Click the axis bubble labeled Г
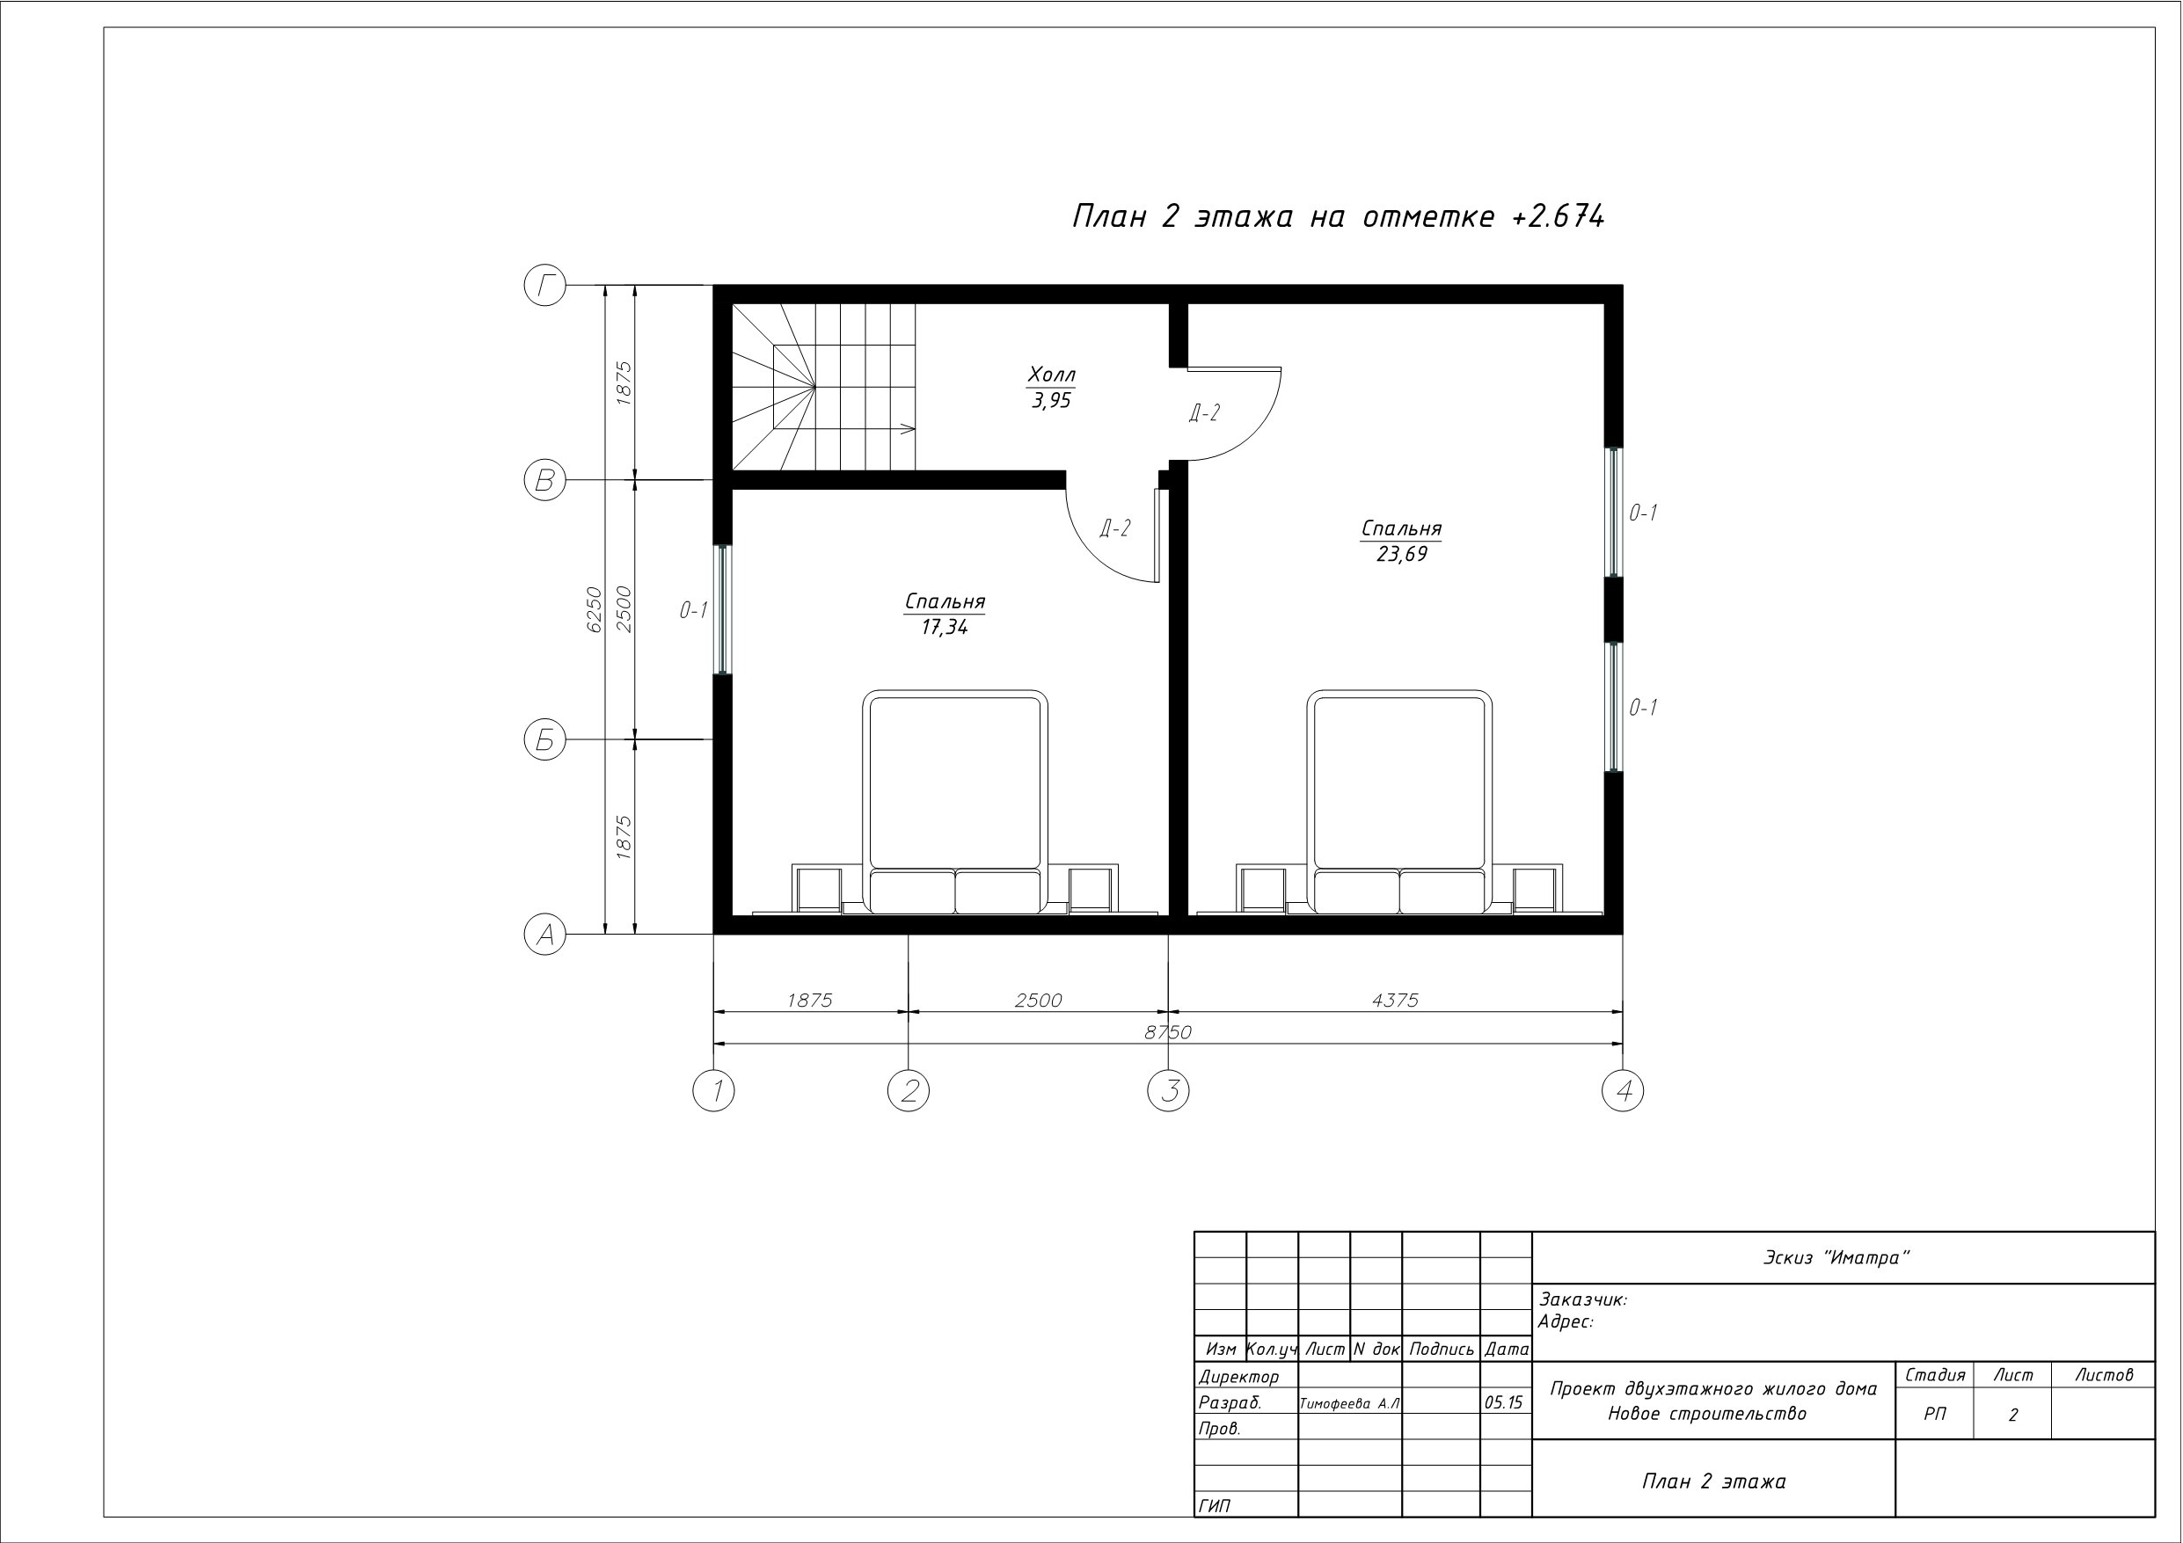pos(544,285)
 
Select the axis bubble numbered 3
pos(1169,1090)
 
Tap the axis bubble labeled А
pos(544,935)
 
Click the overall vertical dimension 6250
pos(594,609)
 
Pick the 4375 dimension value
pos(1395,1001)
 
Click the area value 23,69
pos(1401,554)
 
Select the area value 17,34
pos(944,628)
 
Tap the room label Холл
pos(1052,375)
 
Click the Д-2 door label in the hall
pos(1204,412)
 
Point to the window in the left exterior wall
pos(723,609)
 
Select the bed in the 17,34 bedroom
pos(955,803)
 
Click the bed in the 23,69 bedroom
pos(1399,803)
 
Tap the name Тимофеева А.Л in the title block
pos(1350,1403)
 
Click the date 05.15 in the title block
pos(1503,1402)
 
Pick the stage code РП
pos(1935,1415)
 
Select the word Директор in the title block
pos(1239,1377)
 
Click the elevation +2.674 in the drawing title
pos(1558,217)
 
